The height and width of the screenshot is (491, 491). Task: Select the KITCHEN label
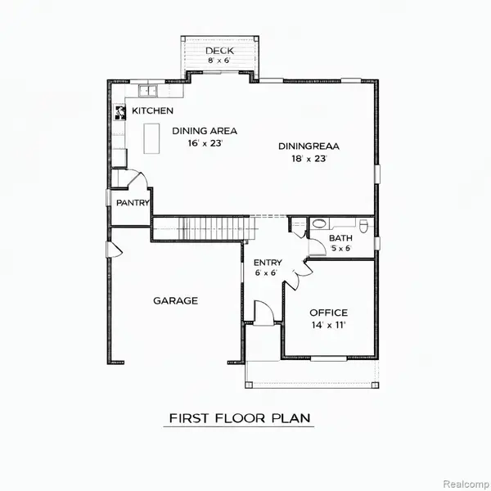pos(152,110)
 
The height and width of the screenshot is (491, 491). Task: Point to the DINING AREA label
pos(204,130)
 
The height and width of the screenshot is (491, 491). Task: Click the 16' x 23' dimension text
pos(204,143)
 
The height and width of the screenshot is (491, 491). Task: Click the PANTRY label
pos(131,202)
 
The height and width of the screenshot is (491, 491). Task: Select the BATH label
pos(340,238)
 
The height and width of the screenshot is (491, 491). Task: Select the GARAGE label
pos(175,300)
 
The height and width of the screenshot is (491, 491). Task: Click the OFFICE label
pos(328,313)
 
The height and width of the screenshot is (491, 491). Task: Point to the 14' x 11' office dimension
pos(328,326)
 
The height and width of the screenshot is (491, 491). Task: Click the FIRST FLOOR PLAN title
pos(240,418)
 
